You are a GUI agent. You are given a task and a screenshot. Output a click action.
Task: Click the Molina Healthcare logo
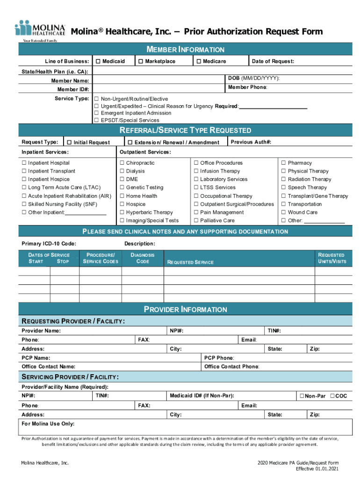[x=40, y=30]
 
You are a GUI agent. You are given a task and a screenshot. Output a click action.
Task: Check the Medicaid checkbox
[x=98, y=62]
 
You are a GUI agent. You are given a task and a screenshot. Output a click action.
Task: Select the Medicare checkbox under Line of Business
[x=199, y=62]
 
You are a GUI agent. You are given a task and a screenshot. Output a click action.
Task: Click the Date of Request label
[x=273, y=62]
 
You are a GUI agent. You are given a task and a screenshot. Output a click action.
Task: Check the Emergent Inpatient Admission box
[x=97, y=113]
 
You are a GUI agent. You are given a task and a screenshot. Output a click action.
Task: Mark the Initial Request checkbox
[x=69, y=143]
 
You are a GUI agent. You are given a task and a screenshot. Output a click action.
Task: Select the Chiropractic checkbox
[x=122, y=163]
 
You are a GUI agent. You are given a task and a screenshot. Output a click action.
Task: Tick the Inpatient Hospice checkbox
[x=24, y=180]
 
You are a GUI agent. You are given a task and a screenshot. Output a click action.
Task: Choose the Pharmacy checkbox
[x=283, y=163]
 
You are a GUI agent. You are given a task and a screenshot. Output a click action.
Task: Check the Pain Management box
[x=196, y=212]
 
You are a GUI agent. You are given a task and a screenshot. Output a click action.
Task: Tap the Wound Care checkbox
[x=283, y=212]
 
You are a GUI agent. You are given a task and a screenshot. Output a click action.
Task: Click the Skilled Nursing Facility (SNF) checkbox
[x=24, y=204]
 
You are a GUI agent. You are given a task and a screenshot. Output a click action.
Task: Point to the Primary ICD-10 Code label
[x=49, y=244]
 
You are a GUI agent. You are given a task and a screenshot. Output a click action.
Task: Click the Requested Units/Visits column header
[x=332, y=258]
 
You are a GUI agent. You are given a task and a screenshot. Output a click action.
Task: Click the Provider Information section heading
[x=185, y=310]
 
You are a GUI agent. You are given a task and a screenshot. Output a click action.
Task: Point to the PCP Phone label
[x=219, y=358]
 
